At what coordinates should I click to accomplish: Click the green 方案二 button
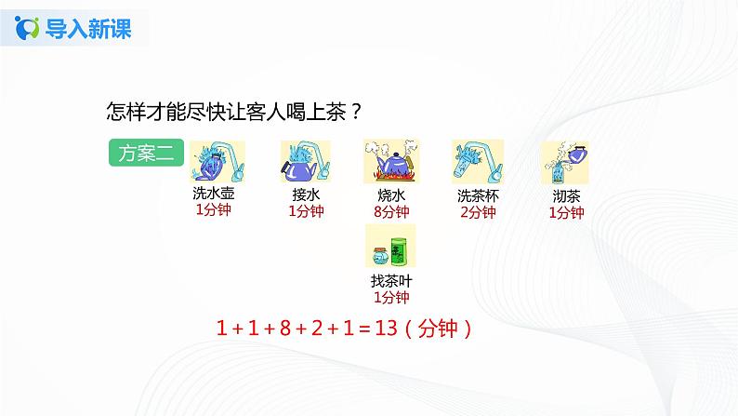[147, 154]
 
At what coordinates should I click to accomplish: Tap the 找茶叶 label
[390, 282]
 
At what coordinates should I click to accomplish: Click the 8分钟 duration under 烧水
[391, 212]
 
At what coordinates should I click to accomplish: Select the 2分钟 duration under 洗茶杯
[477, 212]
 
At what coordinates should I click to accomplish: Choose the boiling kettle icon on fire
[389, 161]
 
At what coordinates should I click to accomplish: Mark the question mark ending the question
[357, 112]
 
